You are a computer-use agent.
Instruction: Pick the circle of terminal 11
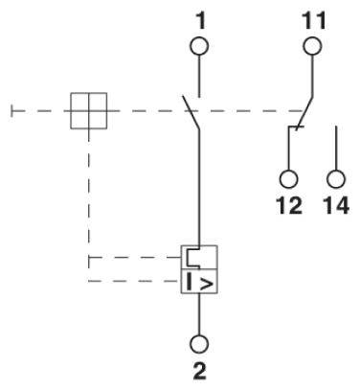point(311,46)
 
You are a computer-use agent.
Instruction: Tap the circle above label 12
point(288,178)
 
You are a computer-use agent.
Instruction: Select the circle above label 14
point(335,178)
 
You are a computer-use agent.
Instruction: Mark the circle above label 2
point(197,341)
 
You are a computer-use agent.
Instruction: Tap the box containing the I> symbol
point(199,283)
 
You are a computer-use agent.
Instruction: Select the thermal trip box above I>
point(199,258)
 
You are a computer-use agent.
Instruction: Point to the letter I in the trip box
point(189,283)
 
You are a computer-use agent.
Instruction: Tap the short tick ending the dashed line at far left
point(11,111)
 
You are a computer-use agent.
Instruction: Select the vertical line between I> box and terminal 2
point(197,312)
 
